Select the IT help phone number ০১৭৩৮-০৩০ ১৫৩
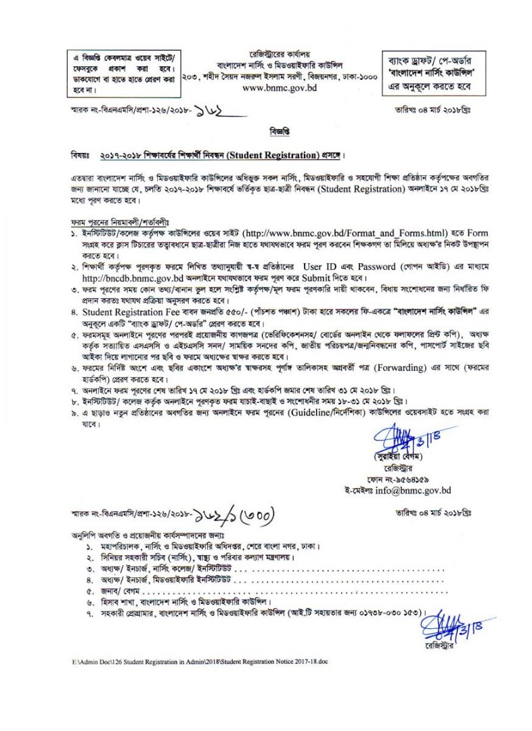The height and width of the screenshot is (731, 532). tap(386, 614)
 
